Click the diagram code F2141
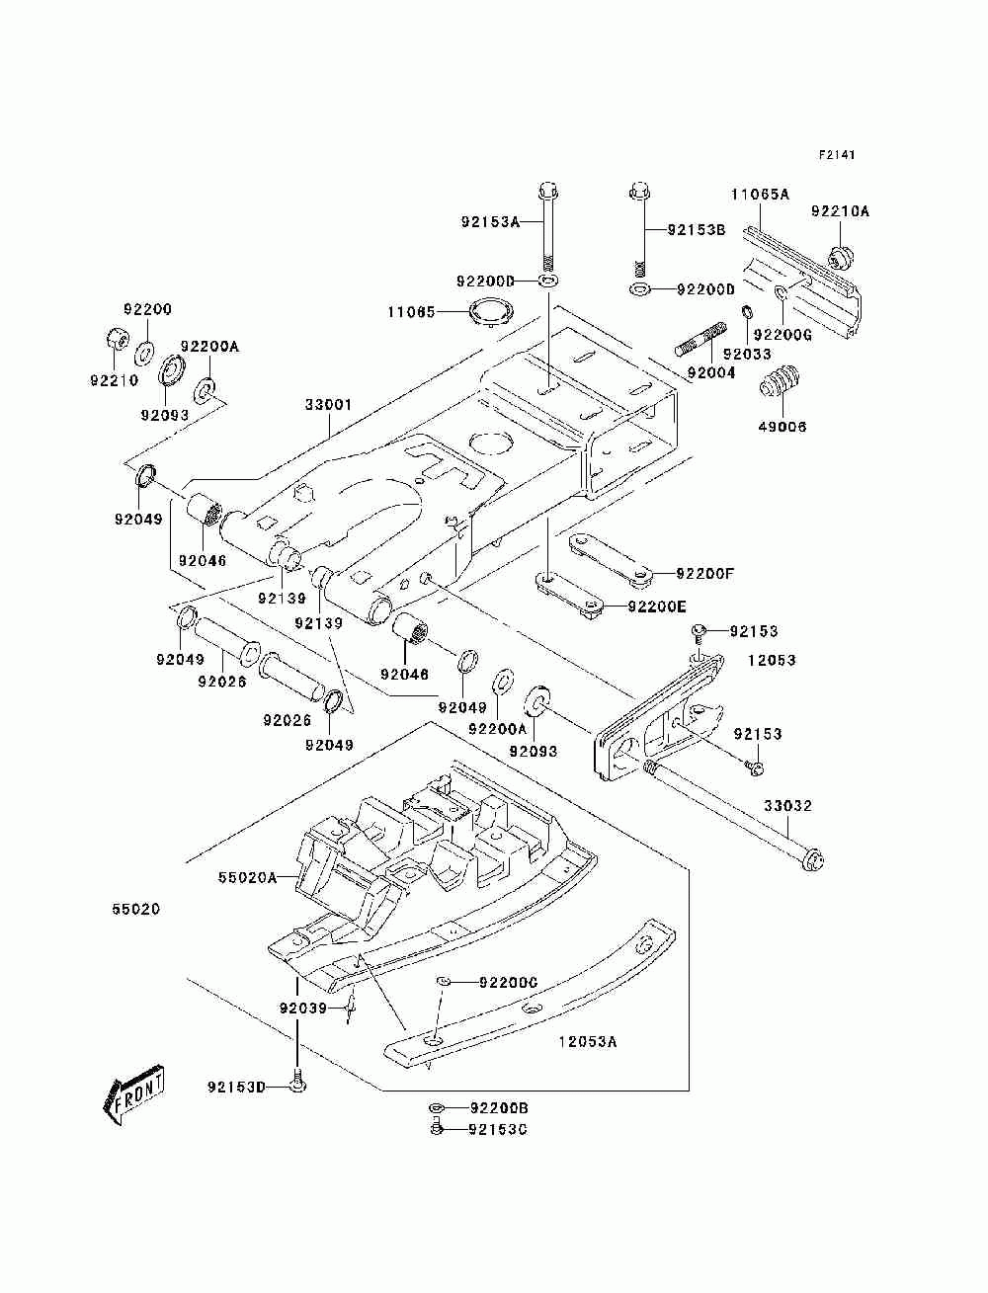click(836, 155)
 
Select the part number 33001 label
click(328, 405)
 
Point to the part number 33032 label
click(787, 805)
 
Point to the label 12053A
click(588, 1042)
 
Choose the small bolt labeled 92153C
click(437, 1128)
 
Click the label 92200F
click(704, 574)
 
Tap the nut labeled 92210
click(118, 340)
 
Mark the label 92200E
click(657, 606)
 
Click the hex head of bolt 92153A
click(548, 192)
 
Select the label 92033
click(747, 354)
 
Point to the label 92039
click(302, 1009)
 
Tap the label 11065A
click(760, 194)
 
